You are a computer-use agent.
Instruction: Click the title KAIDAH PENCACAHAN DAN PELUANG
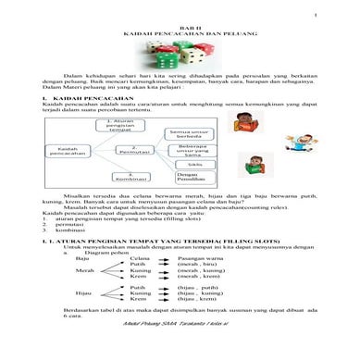tap(180, 37)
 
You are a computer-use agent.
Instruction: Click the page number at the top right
tap(315, 16)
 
